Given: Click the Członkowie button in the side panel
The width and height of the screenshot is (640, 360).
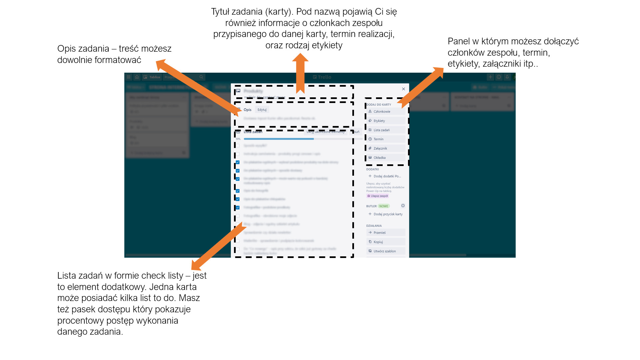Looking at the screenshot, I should [x=385, y=112].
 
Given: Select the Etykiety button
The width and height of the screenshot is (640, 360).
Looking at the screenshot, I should [x=385, y=121].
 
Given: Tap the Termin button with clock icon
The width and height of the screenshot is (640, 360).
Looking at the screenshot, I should [x=385, y=139].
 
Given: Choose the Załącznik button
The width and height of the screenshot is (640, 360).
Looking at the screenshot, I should [x=385, y=148].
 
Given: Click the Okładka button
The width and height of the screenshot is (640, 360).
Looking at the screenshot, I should [x=385, y=158].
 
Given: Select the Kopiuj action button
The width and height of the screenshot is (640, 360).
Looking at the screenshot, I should [x=385, y=242].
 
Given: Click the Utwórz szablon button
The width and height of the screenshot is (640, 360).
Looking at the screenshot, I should [x=385, y=251].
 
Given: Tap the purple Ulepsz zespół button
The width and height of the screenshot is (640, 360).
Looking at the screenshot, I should [x=378, y=196].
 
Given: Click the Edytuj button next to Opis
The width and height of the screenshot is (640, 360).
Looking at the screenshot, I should [x=262, y=110].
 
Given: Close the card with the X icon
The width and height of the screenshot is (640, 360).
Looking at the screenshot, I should [x=403, y=89].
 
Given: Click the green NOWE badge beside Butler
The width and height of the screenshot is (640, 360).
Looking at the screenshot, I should [x=384, y=206].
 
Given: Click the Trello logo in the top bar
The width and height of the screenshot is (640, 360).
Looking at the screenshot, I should [x=322, y=77].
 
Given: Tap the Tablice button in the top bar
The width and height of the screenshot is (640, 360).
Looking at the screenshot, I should [x=152, y=77].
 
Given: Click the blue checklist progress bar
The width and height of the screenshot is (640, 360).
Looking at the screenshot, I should [x=278, y=139].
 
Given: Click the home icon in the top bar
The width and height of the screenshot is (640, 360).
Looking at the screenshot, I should [x=137, y=77].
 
